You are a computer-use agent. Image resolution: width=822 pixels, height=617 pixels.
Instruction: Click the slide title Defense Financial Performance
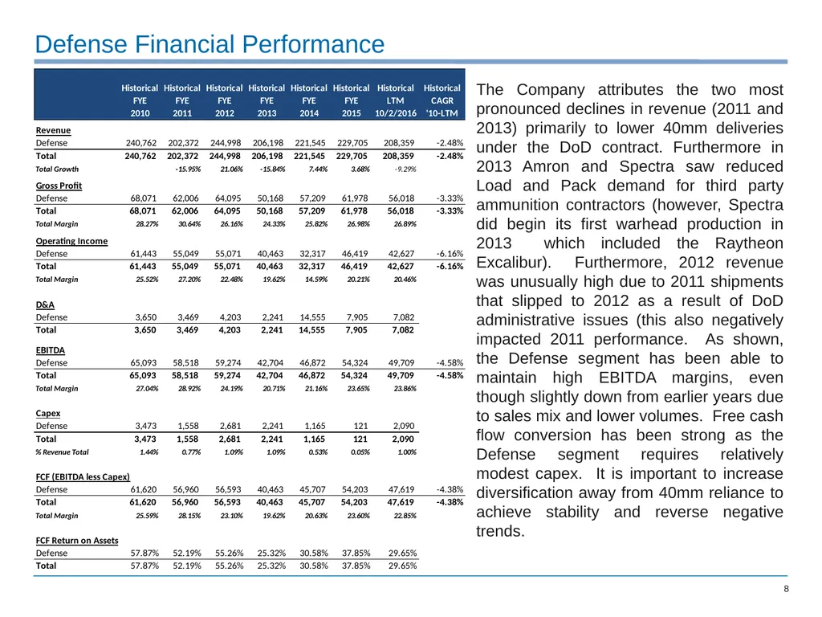pyautogui.click(x=210, y=44)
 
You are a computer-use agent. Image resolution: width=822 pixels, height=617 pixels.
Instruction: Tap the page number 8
pyautogui.click(x=786, y=589)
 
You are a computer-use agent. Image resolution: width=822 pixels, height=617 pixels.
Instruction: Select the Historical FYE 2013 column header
pyautogui.click(x=267, y=100)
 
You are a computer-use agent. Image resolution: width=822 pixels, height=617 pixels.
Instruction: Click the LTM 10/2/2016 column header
pyautogui.click(x=395, y=100)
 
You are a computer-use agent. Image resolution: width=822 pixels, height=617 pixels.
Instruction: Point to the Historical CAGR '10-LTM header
pyautogui.click(x=442, y=100)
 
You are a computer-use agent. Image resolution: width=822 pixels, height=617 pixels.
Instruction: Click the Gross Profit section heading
pyautogui.click(x=59, y=186)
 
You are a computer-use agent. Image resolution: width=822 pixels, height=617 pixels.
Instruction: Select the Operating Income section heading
pyautogui.click(x=71, y=241)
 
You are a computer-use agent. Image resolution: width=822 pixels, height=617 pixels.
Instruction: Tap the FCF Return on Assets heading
pyautogui.click(x=77, y=541)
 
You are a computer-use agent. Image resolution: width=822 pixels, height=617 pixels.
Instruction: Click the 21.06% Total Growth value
pyautogui.click(x=231, y=169)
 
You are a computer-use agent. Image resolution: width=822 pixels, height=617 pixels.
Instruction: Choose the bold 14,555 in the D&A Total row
pyautogui.click(x=312, y=330)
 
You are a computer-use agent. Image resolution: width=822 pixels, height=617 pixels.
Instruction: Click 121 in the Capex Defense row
pyautogui.click(x=360, y=426)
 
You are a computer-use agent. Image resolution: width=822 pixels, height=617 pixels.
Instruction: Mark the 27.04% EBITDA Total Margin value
pyautogui.click(x=148, y=388)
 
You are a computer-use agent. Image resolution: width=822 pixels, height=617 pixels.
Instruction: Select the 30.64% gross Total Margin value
pyautogui.click(x=189, y=224)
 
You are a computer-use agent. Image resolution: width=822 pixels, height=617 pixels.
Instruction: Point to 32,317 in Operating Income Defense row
pyautogui.click(x=312, y=253)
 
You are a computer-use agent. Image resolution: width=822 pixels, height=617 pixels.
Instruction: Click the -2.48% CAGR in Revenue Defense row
pyautogui.click(x=450, y=143)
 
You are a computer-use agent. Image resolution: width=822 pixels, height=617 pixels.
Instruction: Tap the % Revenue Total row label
pyautogui.click(x=62, y=452)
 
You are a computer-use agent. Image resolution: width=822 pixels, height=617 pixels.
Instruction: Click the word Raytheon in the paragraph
pyautogui.click(x=749, y=243)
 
